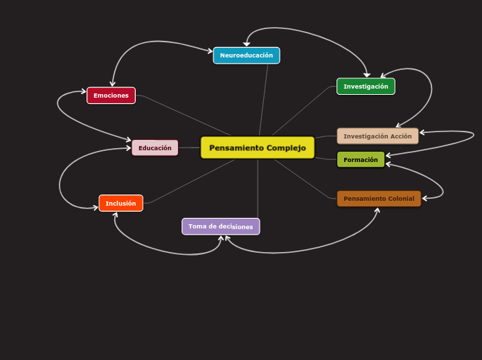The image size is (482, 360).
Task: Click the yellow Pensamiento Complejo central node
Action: tap(257, 147)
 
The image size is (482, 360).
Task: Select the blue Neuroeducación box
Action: tap(247, 55)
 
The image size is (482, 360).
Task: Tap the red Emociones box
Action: tap(111, 96)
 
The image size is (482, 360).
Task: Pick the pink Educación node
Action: tap(154, 147)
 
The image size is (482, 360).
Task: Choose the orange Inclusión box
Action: tap(120, 203)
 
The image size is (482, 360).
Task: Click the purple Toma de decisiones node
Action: tap(220, 226)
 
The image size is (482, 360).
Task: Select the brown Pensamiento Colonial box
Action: tap(379, 199)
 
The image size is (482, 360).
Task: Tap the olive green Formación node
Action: tap(360, 159)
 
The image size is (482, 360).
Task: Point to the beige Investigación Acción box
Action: tap(377, 136)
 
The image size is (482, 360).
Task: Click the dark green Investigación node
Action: tap(366, 87)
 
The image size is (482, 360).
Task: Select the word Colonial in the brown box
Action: tap(401, 199)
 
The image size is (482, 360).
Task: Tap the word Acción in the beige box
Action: tap(401, 136)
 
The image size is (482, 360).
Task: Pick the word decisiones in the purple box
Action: tap(237, 226)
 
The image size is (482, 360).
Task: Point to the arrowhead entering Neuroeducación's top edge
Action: tap(247, 44)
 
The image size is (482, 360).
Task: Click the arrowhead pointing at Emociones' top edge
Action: tap(112, 84)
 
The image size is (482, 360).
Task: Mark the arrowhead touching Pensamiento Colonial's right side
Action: tap(425, 199)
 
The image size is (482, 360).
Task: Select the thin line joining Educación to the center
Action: tap(189, 147)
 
